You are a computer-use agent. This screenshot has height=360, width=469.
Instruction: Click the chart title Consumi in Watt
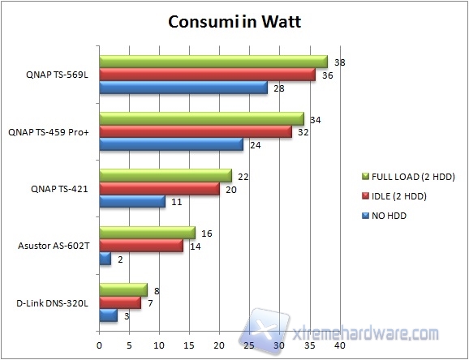tap(234, 21)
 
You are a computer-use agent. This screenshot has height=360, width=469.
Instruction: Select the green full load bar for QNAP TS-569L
tap(213, 62)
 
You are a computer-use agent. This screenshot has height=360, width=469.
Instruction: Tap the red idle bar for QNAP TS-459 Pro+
tap(195, 132)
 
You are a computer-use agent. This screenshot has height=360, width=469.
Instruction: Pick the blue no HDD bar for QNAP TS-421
tap(131, 202)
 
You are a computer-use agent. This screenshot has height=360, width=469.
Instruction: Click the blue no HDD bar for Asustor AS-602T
tap(105, 259)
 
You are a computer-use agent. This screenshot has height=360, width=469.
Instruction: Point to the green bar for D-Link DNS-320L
tap(123, 290)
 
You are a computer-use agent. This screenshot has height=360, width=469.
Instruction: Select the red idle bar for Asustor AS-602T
tap(140, 246)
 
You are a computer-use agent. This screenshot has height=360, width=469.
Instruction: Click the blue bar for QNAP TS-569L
tap(183, 88)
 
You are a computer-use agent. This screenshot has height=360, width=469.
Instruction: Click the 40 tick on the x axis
tap(340, 344)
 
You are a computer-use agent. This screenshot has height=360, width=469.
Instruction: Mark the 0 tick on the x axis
tap(99, 344)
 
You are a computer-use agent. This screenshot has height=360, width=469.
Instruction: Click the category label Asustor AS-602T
tap(50, 246)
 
